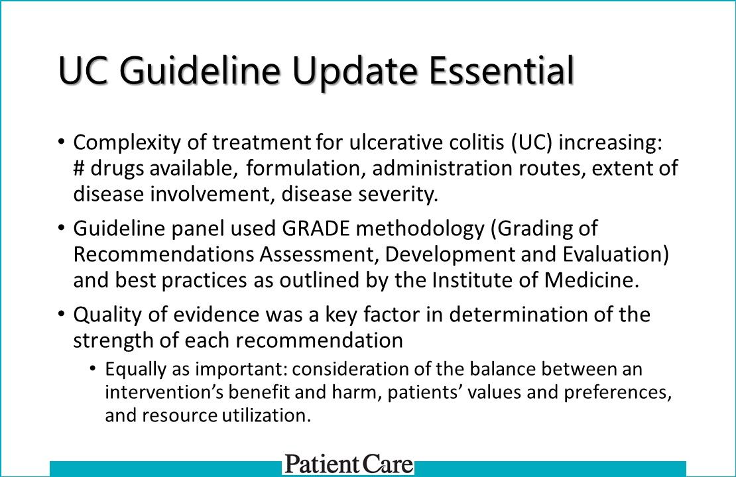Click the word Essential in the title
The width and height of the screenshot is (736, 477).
point(501,70)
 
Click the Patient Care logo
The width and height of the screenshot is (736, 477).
point(349,464)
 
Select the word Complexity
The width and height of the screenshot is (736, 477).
point(127,142)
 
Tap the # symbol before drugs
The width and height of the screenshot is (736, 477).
point(79,168)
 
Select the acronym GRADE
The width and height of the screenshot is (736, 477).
point(316,229)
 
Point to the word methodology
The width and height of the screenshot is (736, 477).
point(420,229)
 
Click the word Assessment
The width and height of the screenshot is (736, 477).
point(319,254)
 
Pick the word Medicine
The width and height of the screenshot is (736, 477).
point(591,280)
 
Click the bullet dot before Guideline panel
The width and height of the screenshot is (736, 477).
point(61,228)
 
